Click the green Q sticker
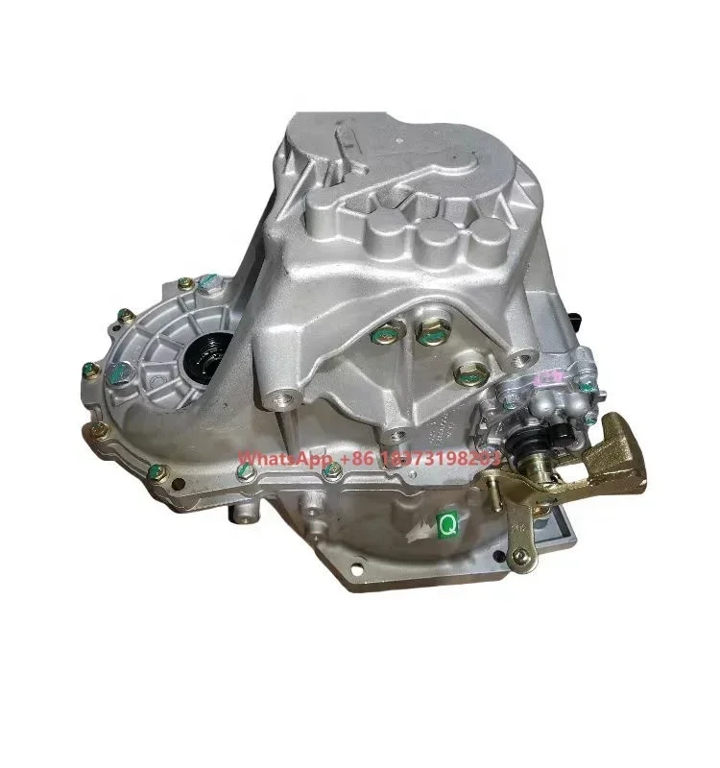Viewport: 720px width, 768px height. click(x=447, y=525)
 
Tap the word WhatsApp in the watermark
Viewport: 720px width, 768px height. click(x=277, y=460)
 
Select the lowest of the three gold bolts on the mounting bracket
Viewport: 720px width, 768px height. click(x=468, y=368)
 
